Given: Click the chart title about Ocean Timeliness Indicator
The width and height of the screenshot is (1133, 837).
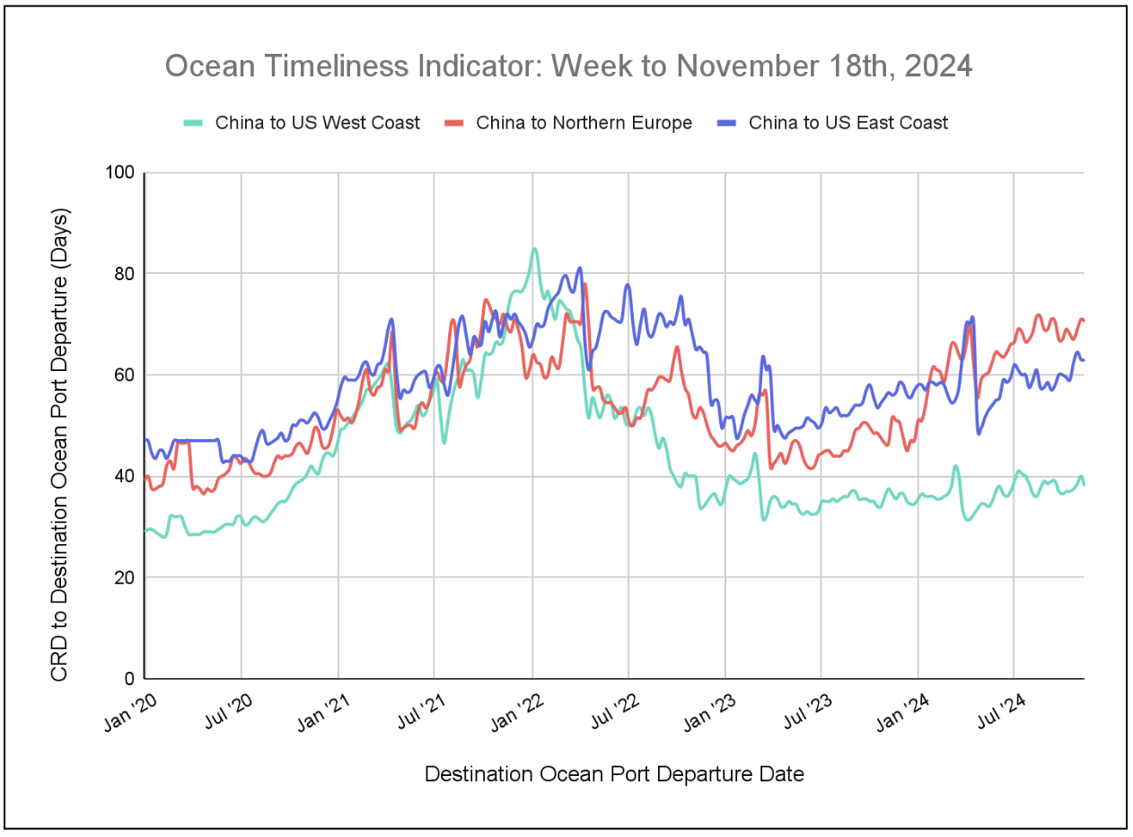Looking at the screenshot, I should (568, 66).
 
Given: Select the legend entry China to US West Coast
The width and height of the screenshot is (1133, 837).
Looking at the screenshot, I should (317, 123).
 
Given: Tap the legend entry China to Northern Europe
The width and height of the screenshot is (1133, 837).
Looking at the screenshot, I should (584, 123).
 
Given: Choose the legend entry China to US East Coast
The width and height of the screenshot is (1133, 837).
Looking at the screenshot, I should (848, 123).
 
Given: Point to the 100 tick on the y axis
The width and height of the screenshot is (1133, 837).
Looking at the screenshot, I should (119, 172).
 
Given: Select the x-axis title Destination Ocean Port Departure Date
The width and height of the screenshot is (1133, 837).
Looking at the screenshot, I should (614, 774).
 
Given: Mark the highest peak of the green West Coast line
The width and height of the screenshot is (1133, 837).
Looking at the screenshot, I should (534, 249).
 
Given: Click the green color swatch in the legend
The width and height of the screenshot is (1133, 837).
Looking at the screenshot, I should (193, 123).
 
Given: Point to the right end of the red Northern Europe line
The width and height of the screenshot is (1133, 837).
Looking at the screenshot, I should (1084, 321).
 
